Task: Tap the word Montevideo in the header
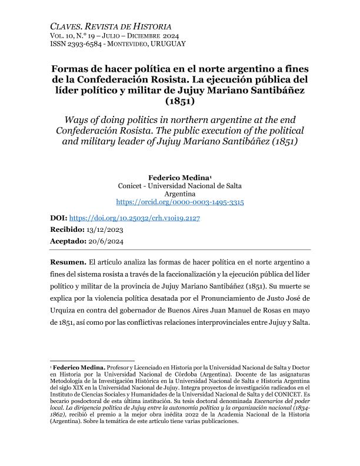[121, 44]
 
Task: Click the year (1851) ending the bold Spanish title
[179, 102]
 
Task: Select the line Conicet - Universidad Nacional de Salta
[179, 185]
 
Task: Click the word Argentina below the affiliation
[179, 193]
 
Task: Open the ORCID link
[179, 202]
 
